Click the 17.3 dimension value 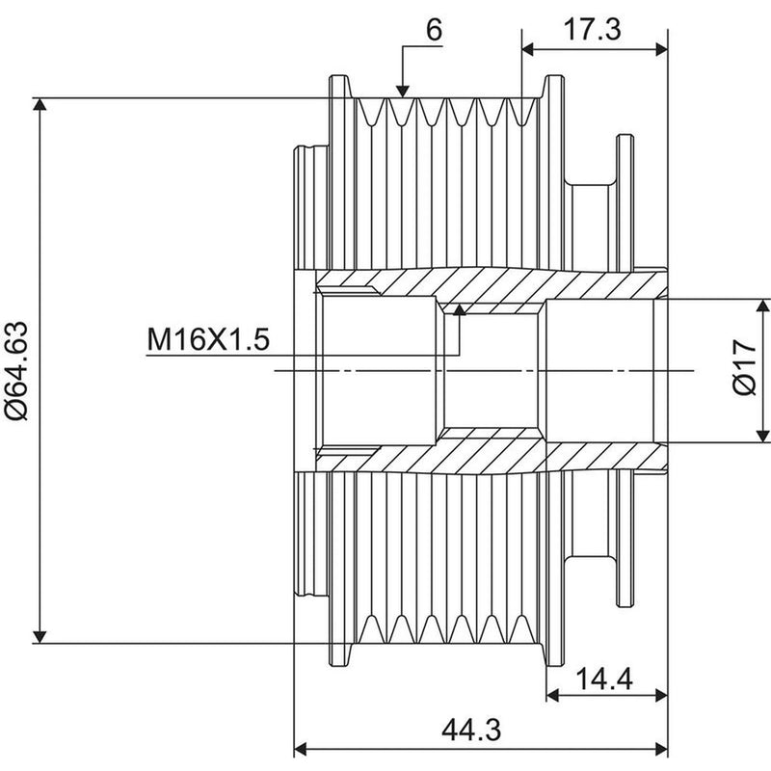coord(592,30)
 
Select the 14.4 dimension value coord(603,680)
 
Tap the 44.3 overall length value coord(471,730)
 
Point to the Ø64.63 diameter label coord(16,371)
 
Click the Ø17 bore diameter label coord(744,367)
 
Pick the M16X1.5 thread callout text coord(208,339)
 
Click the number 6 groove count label coord(434,31)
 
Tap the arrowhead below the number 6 coord(402,91)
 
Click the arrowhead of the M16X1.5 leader coord(460,309)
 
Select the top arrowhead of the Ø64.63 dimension coord(40,104)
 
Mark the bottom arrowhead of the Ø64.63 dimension coord(40,637)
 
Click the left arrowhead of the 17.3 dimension coord(528,49)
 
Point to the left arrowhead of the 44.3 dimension coord(300,750)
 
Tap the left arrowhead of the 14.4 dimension coord(552,695)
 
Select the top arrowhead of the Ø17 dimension coord(762,306)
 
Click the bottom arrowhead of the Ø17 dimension coord(762,436)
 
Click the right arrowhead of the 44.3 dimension coord(661,750)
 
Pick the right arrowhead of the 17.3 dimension coord(661,49)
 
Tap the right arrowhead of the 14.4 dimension coord(661,695)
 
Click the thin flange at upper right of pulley coord(625,201)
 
